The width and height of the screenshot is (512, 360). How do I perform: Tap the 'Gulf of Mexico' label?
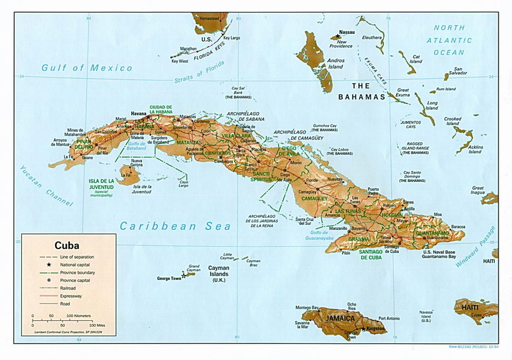click(x=87, y=67)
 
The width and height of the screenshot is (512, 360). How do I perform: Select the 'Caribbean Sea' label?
click(x=175, y=226)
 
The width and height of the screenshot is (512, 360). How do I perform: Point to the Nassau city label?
click(x=346, y=31)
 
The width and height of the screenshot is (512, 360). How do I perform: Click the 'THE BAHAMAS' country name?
click(x=362, y=91)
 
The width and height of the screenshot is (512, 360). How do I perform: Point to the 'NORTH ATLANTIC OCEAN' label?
click(x=458, y=40)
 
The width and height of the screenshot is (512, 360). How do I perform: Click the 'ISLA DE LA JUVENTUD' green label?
click(x=102, y=184)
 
